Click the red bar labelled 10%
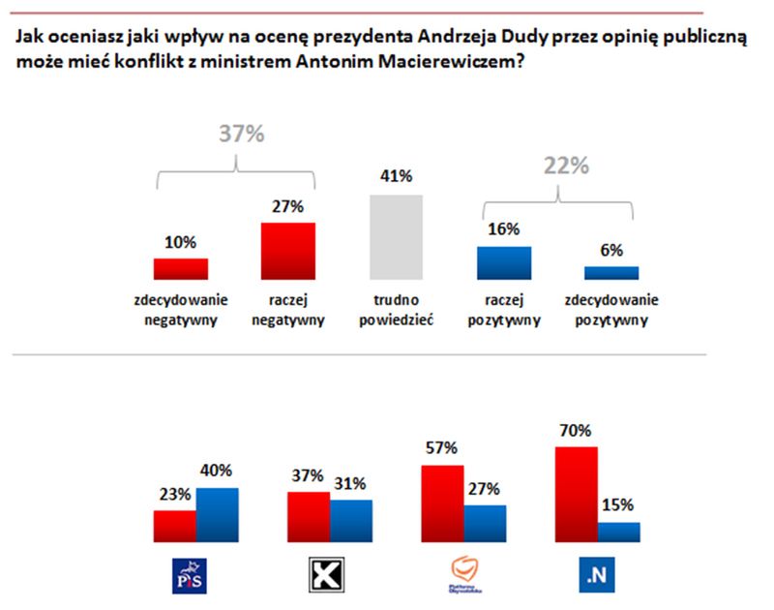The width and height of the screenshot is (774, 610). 181,268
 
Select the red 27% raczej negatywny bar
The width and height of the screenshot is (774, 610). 288,251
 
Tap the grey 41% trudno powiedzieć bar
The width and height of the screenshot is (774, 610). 397,236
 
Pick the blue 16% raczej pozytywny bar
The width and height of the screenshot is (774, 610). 504,262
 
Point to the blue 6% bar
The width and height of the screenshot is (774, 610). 611,273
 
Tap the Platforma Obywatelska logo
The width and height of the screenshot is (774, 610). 463,577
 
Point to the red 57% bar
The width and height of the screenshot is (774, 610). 442,503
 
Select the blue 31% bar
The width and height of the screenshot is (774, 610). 351,521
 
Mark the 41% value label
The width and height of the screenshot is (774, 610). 397,177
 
